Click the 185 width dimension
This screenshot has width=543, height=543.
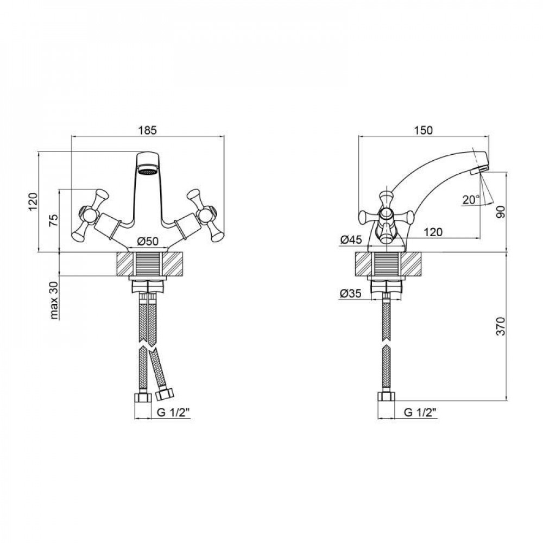pyautogui.click(x=148, y=130)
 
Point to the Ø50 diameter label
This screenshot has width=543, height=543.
pyautogui.click(x=148, y=241)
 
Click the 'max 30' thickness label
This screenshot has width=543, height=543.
pyautogui.click(x=54, y=300)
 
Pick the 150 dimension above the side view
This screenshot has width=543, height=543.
pyautogui.click(x=423, y=130)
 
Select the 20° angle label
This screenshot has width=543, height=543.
pyautogui.click(x=470, y=200)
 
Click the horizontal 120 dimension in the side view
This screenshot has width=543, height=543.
pyautogui.click(x=432, y=232)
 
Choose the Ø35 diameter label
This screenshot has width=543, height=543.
pyautogui.click(x=351, y=293)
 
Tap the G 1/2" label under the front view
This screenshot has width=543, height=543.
pyautogui.click(x=172, y=413)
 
